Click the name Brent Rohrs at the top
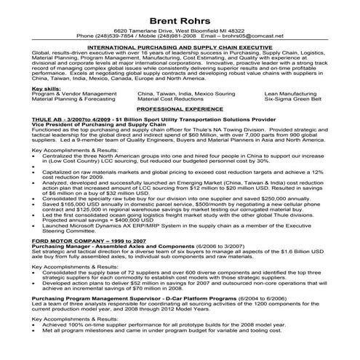pos(179,17)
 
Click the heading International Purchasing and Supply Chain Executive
pos(179,46)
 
